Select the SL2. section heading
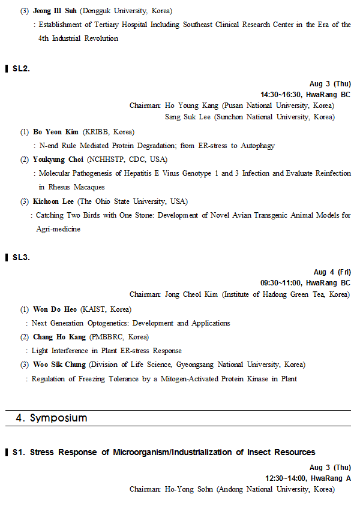coord(21,68)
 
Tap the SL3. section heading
coord(21,257)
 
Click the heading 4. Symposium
coord(51,418)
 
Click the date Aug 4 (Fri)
coord(332,272)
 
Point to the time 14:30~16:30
coord(281,94)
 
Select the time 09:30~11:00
coord(281,282)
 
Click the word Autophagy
coord(257,146)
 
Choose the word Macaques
coord(89,187)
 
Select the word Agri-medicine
coord(58,228)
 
